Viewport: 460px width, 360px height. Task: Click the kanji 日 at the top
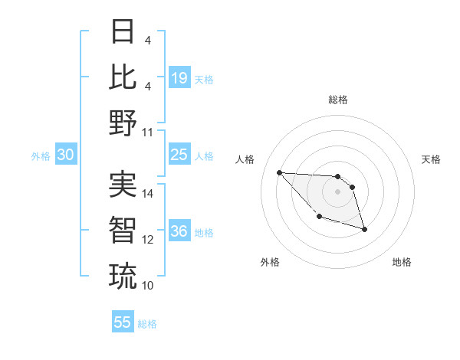tap(123, 32)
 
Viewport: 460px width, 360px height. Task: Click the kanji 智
tap(123, 229)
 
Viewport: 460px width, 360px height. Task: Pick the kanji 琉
tap(123, 274)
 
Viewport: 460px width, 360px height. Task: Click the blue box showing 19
tap(179, 77)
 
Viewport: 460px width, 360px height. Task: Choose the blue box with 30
tap(66, 155)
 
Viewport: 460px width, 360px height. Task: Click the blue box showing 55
tap(123, 322)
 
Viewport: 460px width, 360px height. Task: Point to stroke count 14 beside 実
tap(148, 194)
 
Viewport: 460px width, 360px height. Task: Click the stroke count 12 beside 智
tap(148, 239)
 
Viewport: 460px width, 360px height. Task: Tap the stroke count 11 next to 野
tap(148, 131)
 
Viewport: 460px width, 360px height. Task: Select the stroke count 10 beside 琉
tap(148, 285)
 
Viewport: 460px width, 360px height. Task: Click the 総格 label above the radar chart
tap(338, 100)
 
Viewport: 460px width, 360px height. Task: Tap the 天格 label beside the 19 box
tap(204, 79)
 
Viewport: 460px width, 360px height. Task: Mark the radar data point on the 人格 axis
tap(279, 172)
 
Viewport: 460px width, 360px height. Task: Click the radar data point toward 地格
tap(364, 229)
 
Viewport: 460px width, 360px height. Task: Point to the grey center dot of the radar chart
tap(337, 191)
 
